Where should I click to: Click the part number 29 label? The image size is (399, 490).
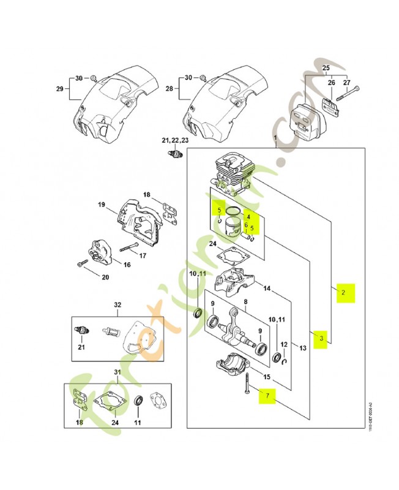60,89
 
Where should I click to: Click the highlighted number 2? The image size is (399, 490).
344,293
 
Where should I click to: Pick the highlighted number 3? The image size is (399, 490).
319,337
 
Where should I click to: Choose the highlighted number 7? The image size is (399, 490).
267,397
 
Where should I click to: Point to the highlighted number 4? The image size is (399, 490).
248,217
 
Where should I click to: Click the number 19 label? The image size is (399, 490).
102,205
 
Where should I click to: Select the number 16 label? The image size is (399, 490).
127,265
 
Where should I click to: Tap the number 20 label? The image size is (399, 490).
105,277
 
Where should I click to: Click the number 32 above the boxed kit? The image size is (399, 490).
118,304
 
